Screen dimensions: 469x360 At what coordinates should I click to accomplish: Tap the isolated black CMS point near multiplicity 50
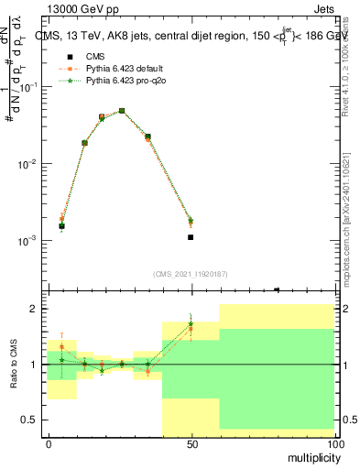191,237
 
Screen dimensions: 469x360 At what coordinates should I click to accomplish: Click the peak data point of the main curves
122,111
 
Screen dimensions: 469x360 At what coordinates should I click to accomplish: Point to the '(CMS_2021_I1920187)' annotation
191,273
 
